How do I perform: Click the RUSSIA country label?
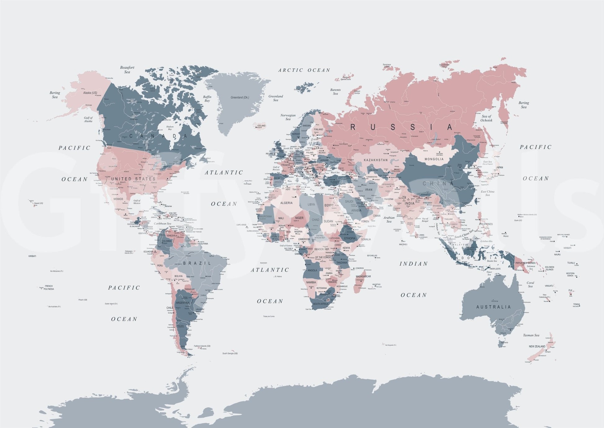(x=402, y=127)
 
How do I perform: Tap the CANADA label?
(x=158, y=136)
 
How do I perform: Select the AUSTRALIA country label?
(x=494, y=307)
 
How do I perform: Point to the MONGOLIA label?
(x=434, y=159)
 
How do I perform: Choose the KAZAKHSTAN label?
(x=376, y=160)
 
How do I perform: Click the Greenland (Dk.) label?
(x=240, y=98)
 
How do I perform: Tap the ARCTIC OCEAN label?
(x=304, y=70)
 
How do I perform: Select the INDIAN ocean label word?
(x=413, y=264)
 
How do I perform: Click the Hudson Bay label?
(x=170, y=128)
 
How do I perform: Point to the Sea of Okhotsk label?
(x=486, y=118)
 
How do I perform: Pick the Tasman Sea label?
(x=531, y=335)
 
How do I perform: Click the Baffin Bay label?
(x=207, y=99)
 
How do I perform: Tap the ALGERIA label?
(x=286, y=203)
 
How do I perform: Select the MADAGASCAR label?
(x=363, y=276)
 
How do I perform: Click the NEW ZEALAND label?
(x=537, y=346)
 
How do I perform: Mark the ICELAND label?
(x=261, y=125)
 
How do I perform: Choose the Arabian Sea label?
(x=389, y=219)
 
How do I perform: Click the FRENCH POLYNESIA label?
(x=49, y=287)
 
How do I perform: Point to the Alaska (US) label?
(x=90, y=93)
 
